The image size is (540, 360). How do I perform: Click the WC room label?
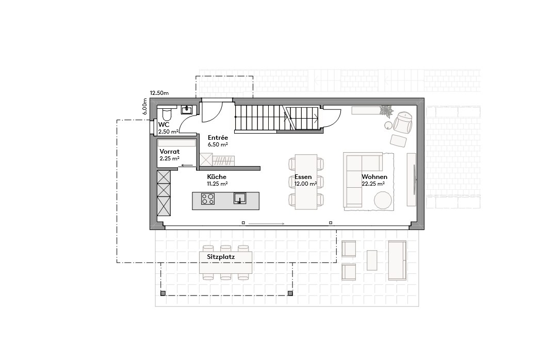coord(164,125)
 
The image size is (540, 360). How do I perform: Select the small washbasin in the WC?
coord(186,109)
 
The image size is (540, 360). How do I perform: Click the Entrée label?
coord(218,138)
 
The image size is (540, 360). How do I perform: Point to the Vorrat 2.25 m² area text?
coord(169,158)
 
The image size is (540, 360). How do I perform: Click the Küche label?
coord(217,177)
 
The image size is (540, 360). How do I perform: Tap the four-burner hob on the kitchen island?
coord(208,199)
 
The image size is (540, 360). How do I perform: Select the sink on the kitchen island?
coord(240,198)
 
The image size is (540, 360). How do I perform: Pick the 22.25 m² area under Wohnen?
coord(373,184)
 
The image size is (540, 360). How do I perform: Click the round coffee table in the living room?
coord(383,200)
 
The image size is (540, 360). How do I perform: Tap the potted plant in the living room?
coord(386,110)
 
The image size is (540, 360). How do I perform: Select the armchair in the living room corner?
coord(402,123)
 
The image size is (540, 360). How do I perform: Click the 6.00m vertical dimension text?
coord(145,107)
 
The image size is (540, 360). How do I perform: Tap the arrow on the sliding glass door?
coord(266,224)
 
